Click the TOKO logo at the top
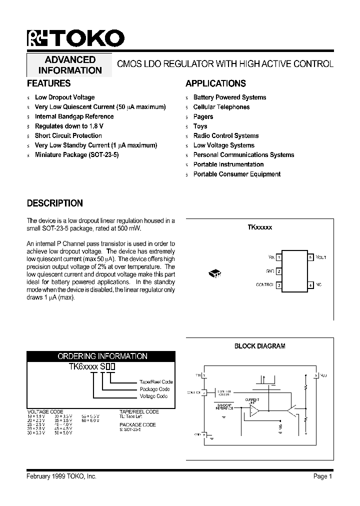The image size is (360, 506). pos(75,38)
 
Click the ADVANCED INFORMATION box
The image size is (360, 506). pos(70,65)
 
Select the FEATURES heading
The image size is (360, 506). pos(48,83)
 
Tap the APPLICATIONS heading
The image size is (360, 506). pos(215,83)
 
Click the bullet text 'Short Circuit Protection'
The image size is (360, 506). pos(68,135)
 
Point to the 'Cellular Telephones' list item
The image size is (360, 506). pos(221,107)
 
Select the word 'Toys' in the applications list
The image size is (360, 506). pos(200,126)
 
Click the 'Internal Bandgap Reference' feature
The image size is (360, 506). pos(74,116)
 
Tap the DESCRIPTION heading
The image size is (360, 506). pos(54,203)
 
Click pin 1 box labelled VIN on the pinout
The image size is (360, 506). pos(279,257)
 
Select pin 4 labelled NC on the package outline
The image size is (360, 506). pos(310,284)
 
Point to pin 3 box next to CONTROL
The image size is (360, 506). pos(279,285)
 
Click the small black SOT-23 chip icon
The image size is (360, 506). pos(214,273)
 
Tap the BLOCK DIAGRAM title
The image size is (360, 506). pos(259,346)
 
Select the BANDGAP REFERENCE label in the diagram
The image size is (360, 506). pos(224,406)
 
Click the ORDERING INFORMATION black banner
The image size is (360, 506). pos(101,356)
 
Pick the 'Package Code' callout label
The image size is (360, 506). pos(154,389)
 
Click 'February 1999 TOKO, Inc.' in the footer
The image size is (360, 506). pos(61,476)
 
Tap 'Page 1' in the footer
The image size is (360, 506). pos(322,476)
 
